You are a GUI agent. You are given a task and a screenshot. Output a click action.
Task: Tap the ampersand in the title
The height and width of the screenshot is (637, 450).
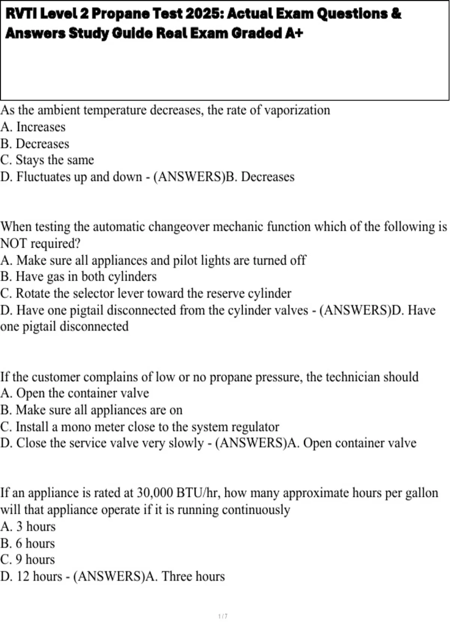[396, 14]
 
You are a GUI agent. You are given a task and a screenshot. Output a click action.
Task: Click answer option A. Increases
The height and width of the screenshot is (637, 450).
[33, 127]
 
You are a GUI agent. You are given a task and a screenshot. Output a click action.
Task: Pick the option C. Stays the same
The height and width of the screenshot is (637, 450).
[47, 160]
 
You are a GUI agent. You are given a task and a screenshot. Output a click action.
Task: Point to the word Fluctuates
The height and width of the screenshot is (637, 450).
[43, 177]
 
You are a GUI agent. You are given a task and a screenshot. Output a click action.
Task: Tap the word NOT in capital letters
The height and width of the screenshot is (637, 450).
[13, 244]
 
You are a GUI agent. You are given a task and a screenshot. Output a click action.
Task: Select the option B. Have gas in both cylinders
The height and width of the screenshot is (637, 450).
[78, 277]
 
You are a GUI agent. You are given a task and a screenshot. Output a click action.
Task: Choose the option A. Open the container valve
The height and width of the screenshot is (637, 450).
[75, 393]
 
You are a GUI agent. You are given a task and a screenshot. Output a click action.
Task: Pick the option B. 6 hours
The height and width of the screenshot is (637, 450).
[28, 543]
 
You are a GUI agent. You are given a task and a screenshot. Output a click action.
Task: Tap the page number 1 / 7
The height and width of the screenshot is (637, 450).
[223, 616]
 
